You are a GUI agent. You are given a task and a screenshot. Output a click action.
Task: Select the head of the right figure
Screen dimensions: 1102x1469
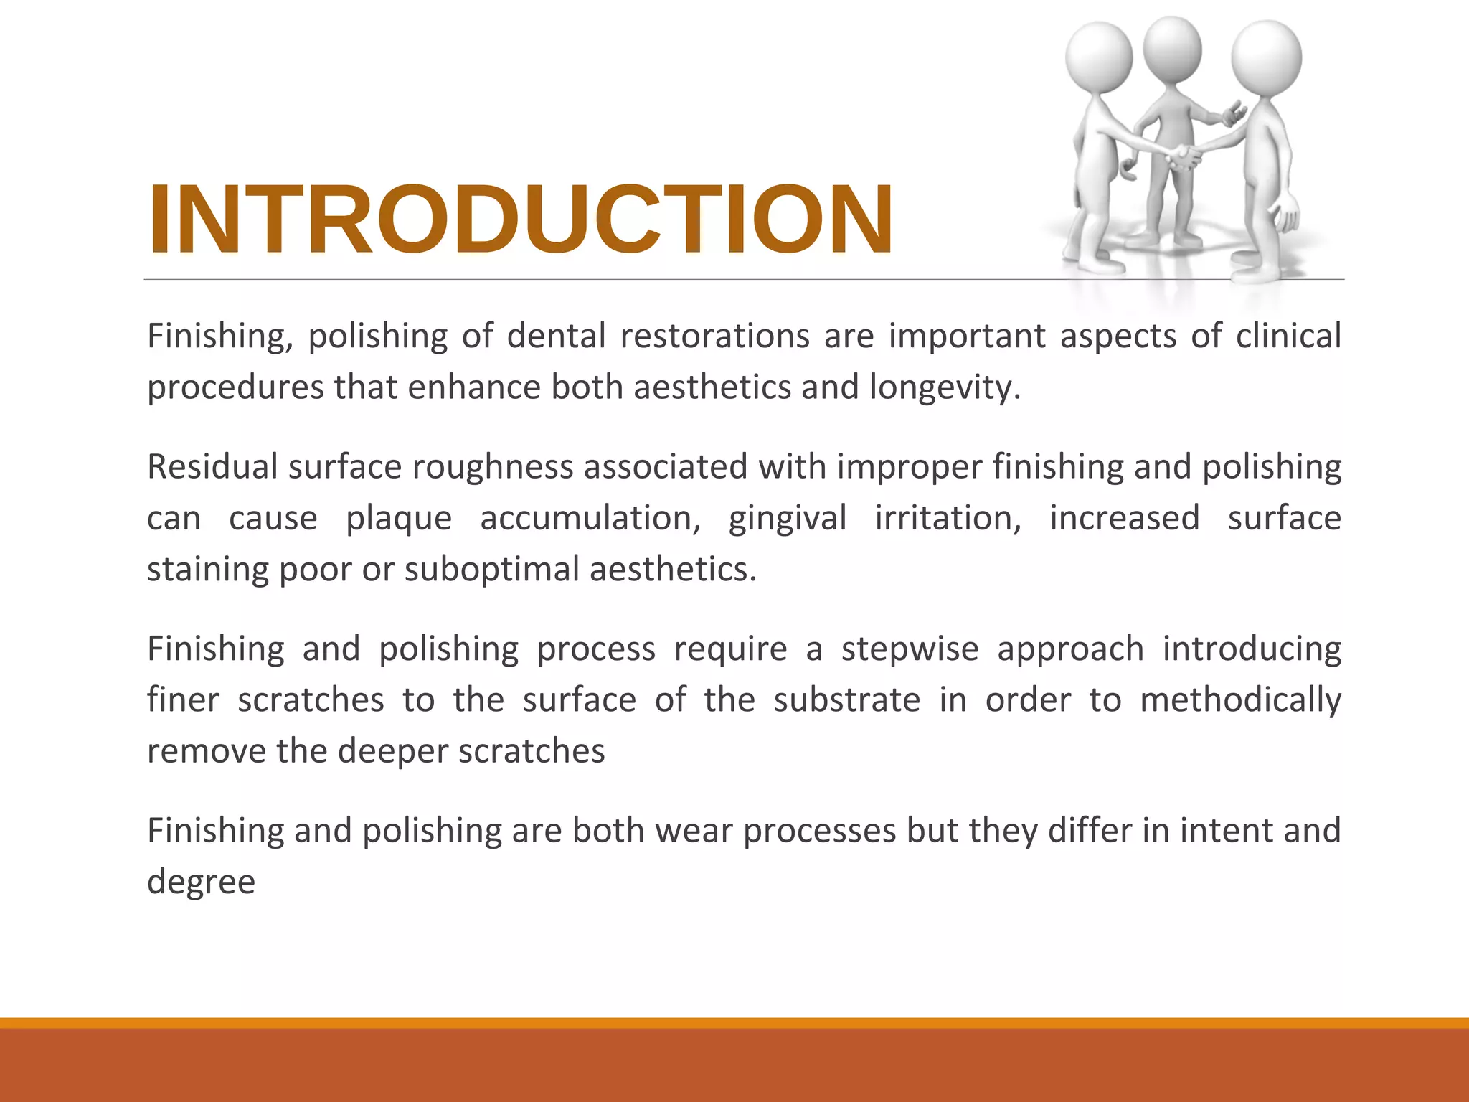[1266, 57]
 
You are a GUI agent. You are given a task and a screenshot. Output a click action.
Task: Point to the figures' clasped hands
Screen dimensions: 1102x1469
[1184, 154]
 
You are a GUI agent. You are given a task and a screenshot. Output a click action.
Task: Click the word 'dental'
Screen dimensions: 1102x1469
[556, 336]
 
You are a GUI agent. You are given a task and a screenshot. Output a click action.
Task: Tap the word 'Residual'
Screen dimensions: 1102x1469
[212, 466]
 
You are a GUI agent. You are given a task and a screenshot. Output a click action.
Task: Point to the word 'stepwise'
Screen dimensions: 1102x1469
[910, 649]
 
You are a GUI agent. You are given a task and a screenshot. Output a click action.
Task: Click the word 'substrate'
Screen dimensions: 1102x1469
[846, 700]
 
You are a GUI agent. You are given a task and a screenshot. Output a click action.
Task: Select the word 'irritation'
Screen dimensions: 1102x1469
[948, 518]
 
